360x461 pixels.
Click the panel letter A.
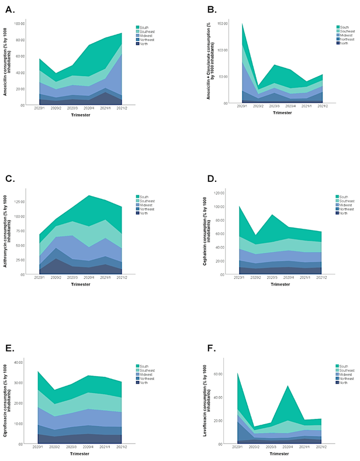click(x=10, y=10)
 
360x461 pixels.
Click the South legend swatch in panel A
click(x=137, y=27)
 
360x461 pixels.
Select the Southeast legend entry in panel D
click(x=344, y=201)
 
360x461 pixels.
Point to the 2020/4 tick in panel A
click(x=89, y=108)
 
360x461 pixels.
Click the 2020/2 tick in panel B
click(x=258, y=106)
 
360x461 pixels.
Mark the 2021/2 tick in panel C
click(x=122, y=277)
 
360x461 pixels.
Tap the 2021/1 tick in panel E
click(x=105, y=447)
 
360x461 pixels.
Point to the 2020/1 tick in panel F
click(x=237, y=447)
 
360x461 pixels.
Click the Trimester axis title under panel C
click(x=80, y=284)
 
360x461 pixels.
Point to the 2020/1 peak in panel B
click(x=242, y=23)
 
